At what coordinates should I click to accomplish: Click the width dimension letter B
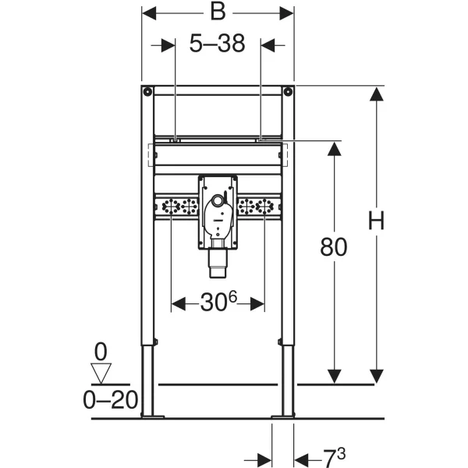point(218,12)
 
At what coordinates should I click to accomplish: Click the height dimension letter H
point(376,220)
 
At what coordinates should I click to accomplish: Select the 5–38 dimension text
point(218,43)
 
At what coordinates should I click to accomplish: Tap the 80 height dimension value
point(334,246)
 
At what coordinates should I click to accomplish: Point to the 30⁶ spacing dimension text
point(218,301)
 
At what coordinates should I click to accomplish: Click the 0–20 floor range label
point(111,400)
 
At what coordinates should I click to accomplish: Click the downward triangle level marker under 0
point(101,373)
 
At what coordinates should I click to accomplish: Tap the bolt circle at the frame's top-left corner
point(147,91)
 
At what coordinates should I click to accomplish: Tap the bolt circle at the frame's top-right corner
point(288,91)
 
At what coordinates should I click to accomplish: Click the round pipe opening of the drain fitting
point(218,200)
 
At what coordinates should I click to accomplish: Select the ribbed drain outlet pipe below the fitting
point(218,263)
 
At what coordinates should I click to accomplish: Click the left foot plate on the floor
point(153,417)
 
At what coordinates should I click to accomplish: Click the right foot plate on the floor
point(283,417)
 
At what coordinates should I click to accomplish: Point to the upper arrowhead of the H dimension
point(377,94)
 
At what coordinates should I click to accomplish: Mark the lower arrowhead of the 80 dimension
point(334,376)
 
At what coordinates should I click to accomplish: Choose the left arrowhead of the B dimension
point(149,13)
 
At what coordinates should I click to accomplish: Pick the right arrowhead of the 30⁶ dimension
point(257,304)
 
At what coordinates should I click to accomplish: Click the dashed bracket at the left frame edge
point(151,155)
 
